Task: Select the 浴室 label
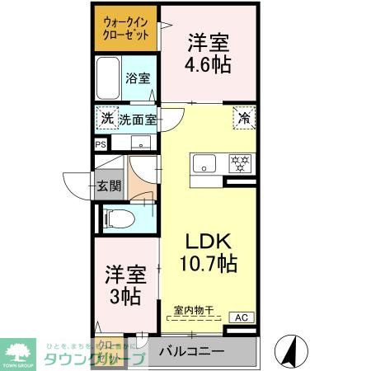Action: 137,79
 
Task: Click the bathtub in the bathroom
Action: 108,78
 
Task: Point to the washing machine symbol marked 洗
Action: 106,119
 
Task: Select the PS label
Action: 101,143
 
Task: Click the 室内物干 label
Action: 193,311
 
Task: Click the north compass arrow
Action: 289,350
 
